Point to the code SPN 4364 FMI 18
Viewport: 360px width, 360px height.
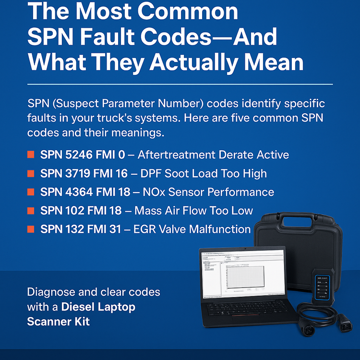click(x=85, y=192)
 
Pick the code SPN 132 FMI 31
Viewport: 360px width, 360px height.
click(x=81, y=229)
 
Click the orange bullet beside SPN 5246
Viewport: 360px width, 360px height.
click(x=31, y=155)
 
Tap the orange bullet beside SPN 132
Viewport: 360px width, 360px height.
click(x=31, y=229)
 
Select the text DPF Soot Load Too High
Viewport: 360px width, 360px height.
click(x=202, y=173)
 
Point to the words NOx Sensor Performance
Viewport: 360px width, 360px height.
click(x=208, y=192)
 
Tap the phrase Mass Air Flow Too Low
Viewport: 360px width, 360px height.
click(x=193, y=210)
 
